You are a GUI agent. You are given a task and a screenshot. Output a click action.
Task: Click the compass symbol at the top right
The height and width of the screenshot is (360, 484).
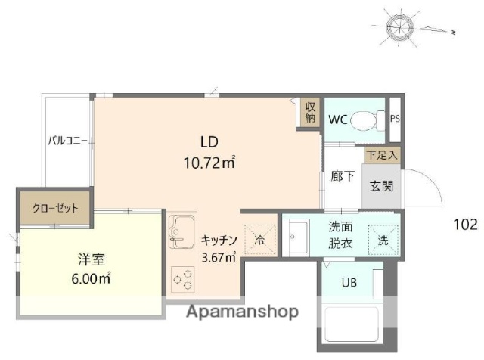pos(399,29)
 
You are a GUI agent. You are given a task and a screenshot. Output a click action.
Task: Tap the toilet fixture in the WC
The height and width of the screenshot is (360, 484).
pos(369,119)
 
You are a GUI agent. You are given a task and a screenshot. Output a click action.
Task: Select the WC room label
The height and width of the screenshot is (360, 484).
pos(337,119)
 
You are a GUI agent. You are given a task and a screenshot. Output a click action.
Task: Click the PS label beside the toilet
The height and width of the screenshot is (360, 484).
pos(395,119)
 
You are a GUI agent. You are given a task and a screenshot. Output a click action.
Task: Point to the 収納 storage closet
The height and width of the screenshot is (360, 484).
pos(310,113)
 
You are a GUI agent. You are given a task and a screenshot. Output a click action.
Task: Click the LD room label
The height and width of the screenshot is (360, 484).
pos(209,141)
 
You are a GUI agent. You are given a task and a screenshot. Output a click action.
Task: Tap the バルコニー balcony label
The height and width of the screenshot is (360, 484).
pos(67,141)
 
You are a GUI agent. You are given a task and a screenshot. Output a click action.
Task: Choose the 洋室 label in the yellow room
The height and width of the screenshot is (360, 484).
pos(90,259)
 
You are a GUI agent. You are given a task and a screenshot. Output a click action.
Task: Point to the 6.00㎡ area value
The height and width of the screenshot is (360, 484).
pos(90,278)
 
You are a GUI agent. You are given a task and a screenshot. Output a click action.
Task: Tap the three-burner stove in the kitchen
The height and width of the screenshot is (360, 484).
pos(182,279)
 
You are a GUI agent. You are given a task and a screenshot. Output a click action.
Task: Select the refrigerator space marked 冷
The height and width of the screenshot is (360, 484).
pos(259,241)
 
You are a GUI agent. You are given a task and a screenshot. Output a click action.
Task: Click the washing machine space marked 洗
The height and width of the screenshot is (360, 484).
pos(382,241)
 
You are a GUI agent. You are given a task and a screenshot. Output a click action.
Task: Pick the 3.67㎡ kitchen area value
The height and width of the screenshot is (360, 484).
pos(219,257)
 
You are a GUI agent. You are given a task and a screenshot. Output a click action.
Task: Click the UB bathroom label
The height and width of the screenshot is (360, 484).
pos(349,284)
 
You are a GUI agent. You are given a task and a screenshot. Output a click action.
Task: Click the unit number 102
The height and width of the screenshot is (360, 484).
pos(465,224)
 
